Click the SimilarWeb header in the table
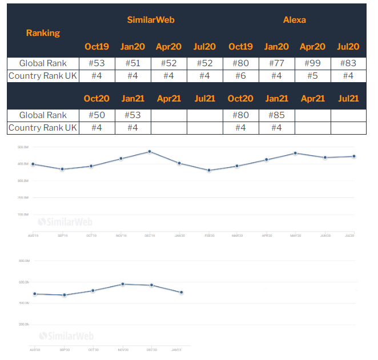[151, 19]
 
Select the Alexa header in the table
[295, 19]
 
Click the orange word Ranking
[43, 33]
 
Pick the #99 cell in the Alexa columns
[312, 63]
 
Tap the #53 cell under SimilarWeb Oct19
[96, 63]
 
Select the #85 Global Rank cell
[276, 115]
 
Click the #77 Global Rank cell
[276, 63]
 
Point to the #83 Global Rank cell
[348, 63]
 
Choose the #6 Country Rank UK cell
[240, 76]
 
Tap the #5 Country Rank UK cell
[312, 76]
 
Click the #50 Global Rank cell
[96, 115]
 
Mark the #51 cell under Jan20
[132, 63]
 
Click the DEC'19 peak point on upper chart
[150, 152]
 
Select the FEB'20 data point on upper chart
[209, 170]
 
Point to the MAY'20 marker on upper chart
[295, 153]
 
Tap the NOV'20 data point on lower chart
[123, 284]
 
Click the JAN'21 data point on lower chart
[182, 293]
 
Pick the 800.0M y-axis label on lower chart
[24, 261]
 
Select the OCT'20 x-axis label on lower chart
[93, 350]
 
